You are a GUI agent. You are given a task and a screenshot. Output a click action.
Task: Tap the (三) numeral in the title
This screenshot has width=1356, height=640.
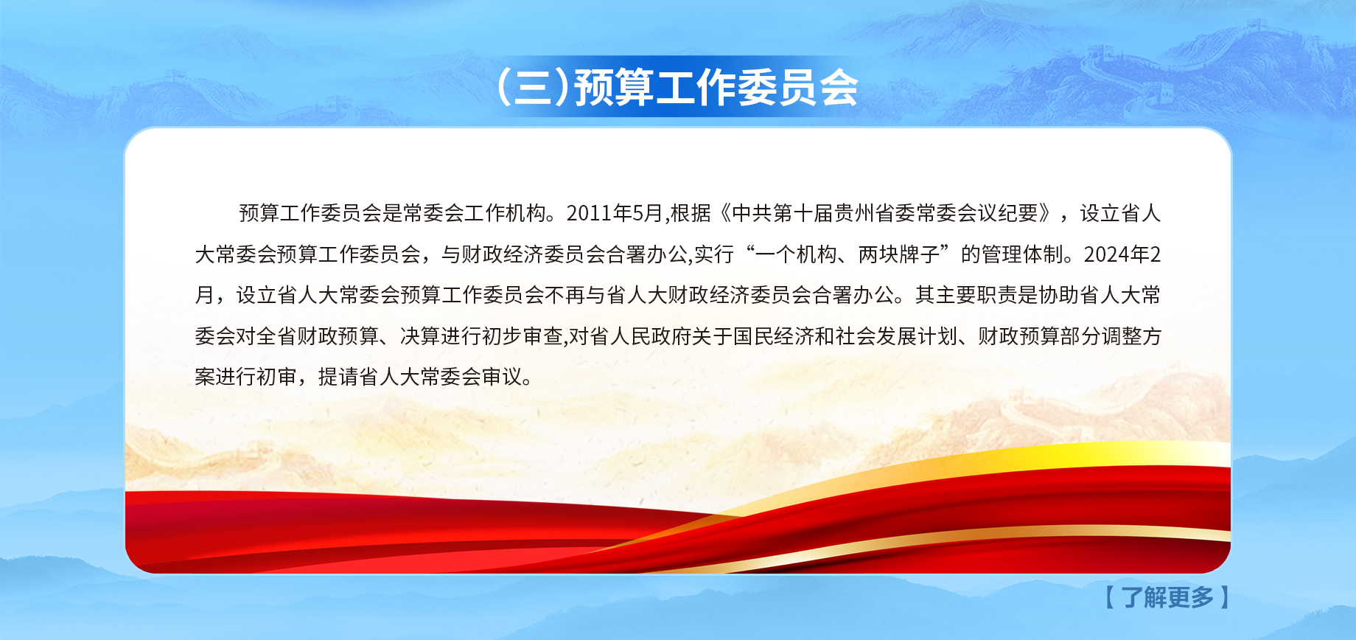tap(533, 88)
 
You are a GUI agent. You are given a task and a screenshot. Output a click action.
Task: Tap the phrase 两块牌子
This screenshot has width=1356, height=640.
tap(899, 254)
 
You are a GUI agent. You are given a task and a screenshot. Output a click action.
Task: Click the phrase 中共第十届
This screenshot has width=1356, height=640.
tap(783, 213)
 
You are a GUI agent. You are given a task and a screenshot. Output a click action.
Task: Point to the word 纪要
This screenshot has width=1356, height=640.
tap(1018, 213)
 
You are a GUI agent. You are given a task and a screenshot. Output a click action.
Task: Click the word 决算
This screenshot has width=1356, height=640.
tap(420, 336)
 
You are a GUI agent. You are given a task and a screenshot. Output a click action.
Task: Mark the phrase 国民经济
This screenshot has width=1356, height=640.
tap(773, 336)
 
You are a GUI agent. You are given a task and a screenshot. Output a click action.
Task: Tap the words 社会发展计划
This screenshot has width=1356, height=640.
tap(896, 336)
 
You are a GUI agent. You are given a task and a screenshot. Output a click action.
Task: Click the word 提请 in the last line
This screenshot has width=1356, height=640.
tap(338, 378)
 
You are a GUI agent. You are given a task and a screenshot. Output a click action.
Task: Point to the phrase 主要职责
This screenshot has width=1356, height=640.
tap(976, 296)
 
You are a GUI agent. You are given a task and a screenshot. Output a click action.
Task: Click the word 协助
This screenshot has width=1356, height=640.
tap(1059, 296)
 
